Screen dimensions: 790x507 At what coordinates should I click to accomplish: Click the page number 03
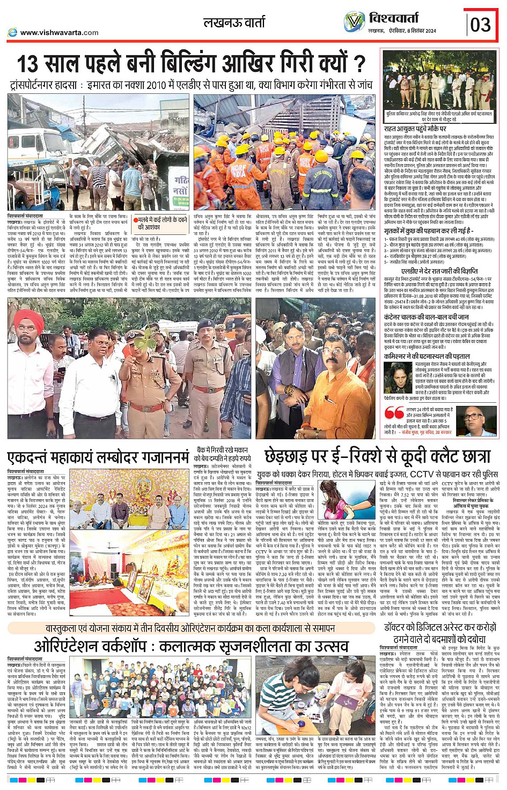[480, 25]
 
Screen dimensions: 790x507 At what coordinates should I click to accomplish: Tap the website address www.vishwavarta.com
[59, 33]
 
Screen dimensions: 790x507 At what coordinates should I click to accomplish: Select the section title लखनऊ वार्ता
[234, 23]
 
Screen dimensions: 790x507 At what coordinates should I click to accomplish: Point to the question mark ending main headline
[358, 63]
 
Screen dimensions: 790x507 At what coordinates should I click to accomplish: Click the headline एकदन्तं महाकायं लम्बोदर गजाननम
[98, 459]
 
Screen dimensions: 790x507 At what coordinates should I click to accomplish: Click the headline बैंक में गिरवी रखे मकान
[222, 450]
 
